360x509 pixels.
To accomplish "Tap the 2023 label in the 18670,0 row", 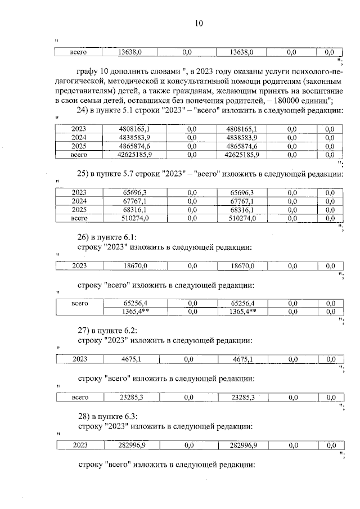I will click(79, 265).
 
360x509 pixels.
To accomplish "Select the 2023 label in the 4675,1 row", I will click(79, 359).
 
